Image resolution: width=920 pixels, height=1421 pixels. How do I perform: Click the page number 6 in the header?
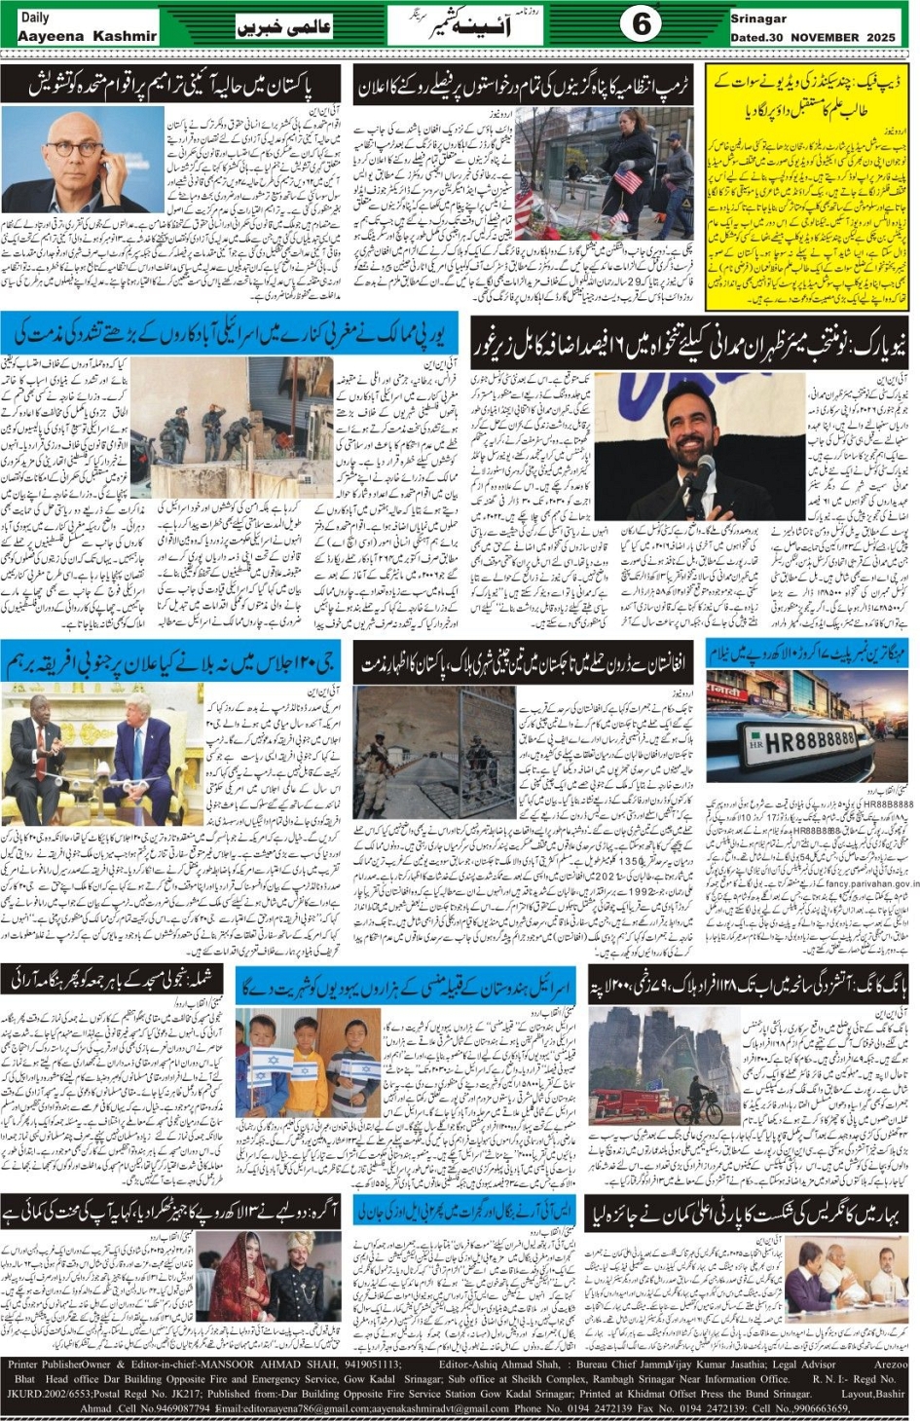641,24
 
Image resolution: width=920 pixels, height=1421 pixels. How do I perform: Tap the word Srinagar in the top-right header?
758,19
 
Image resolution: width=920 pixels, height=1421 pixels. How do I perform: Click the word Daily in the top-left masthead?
34,17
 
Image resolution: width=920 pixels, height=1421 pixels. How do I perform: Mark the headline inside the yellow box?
807,94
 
